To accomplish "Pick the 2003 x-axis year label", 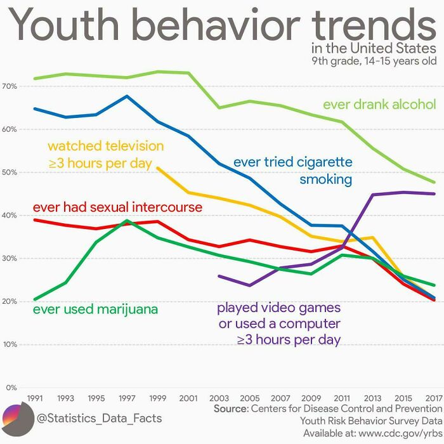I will tap(218, 398).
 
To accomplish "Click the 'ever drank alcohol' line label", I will tap(379, 104).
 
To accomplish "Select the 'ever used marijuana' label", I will tap(95, 310).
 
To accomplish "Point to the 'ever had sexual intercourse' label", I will tap(117, 207).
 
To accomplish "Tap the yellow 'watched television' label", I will tap(105, 155).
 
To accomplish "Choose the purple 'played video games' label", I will tap(279, 324).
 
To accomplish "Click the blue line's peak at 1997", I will tap(127, 96).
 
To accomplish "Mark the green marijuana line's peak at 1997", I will tap(127, 221).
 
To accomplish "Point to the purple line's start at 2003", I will tap(218, 276).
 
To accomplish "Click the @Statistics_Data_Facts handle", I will tap(99, 418).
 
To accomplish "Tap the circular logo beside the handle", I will tap(18, 418).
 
